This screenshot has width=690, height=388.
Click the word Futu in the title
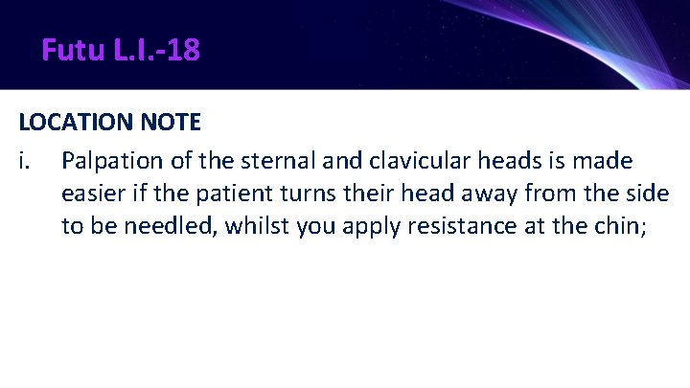point(69,49)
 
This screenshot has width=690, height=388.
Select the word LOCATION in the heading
point(73,123)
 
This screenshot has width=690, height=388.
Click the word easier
point(92,194)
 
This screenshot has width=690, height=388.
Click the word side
point(647,194)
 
